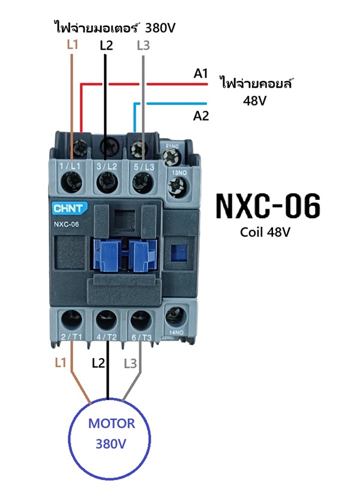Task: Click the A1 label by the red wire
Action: click(200, 74)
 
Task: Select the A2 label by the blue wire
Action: click(201, 116)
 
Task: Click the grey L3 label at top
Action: click(143, 44)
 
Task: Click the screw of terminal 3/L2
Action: click(107, 179)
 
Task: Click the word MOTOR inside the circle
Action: click(112, 424)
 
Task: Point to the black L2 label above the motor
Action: click(98, 363)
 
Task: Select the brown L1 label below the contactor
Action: click(60, 363)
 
